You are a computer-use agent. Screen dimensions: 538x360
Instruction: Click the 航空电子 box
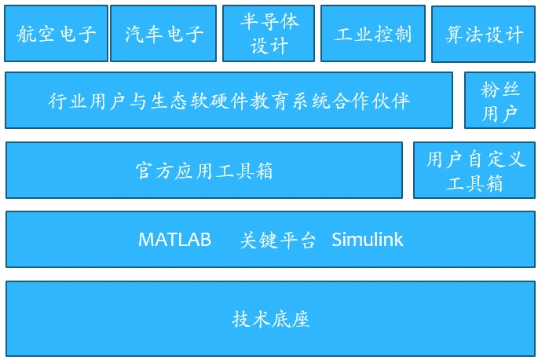57,33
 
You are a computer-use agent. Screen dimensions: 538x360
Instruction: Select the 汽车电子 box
163,33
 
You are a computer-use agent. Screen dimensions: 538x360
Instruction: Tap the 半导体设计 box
269,33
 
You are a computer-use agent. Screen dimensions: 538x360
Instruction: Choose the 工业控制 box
373,33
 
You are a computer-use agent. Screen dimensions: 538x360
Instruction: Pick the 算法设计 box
483,34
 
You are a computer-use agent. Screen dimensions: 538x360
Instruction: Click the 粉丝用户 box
500,101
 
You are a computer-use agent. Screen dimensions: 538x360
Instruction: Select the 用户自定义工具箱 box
474,171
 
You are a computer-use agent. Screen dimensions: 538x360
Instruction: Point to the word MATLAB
174,240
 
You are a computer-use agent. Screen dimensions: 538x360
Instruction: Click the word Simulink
368,240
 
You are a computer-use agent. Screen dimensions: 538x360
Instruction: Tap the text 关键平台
277,240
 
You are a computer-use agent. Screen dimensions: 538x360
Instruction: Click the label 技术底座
271,319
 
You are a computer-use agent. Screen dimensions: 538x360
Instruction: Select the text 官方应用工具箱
204,171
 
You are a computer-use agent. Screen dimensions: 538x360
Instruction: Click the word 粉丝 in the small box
500,90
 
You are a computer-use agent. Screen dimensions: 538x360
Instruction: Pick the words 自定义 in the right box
495,160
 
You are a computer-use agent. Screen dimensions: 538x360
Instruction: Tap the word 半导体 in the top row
269,22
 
